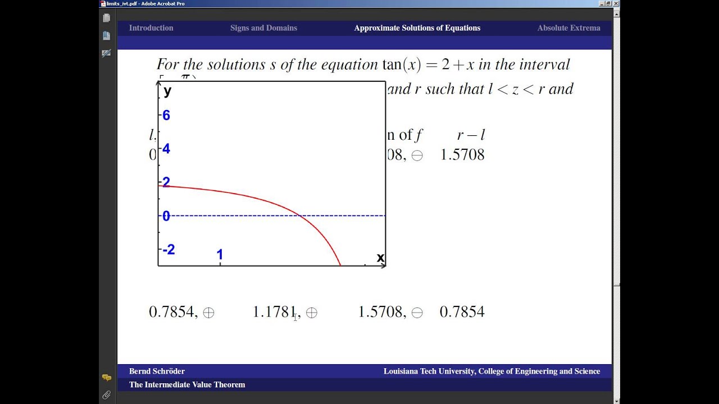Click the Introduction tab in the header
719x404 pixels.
tap(151, 28)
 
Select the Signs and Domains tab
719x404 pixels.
tap(263, 28)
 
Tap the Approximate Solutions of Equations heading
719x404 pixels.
tap(417, 28)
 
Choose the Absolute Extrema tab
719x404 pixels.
tap(568, 28)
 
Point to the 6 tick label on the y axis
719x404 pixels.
tap(166, 116)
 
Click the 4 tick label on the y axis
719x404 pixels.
tap(166, 149)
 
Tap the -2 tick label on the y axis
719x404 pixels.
tap(169, 250)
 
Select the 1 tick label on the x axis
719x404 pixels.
tap(220, 255)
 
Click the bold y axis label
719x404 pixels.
tap(167, 91)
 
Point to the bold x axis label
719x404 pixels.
tap(380, 258)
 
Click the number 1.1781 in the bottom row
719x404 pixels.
tap(274, 312)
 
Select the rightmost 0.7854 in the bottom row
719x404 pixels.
tap(462, 312)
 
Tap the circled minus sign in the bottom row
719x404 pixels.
tap(417, 313)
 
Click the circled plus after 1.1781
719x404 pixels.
tap(312, 313)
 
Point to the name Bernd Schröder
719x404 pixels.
tap(157, 371)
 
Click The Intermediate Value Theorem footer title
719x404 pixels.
tap(187, 385)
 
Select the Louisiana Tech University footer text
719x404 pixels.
tap(492, 371)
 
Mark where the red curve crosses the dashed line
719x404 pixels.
tap(301, 215)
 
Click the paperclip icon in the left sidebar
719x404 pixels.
tap(106, 395)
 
